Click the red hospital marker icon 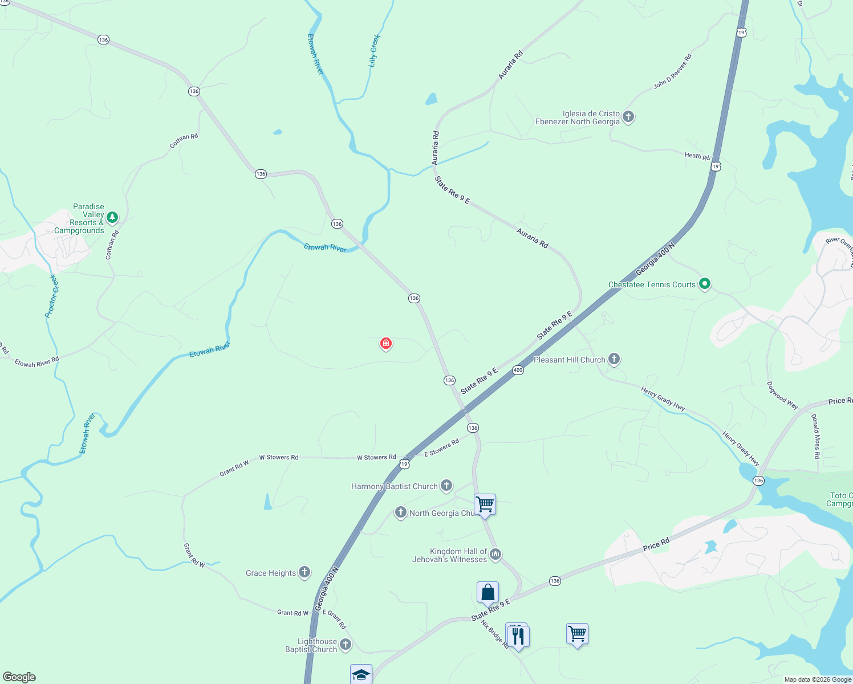[x=386, y=344]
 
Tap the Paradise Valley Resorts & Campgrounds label [x=80, y=218]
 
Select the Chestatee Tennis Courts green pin [x=705, y=283]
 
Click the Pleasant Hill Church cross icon [x=614, y=359]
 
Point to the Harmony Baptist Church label [x=394, y=486]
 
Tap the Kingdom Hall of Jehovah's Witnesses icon [x=495, y=554]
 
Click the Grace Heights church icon [x=304, y=572]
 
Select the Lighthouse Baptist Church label [x=311, y=645]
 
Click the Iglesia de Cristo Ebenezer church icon [x=628, y=117]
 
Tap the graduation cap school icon [x=361, y=674]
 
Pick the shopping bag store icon [x=488, y=592]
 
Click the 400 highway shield [x=518, y=370]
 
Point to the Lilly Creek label [x=375, y=51]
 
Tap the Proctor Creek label [x=52, y=296]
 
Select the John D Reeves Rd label [x=673, y=71]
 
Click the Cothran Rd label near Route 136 [x=184, y=141]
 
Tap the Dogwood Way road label [x=782, y=395]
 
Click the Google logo [x=19, y=677]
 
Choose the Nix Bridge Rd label [x=495, y=634]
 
